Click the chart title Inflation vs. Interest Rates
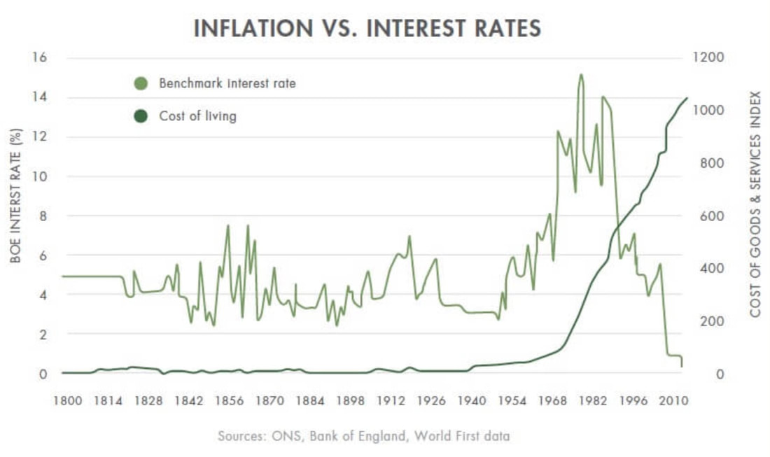pyautogui.click(x=367, y=28)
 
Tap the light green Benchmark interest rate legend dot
pyautogui.click(x=141, y=83)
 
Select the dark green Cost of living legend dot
pyautogui.click(x=141, y=116)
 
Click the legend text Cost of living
pyautogui.click(x=198, y=116)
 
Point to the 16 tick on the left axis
pyautogui.click(x=39, y=57)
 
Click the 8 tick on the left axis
pyautogui.click(x=43, y=216)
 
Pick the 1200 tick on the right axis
pyautogui.click(x=708, y=57)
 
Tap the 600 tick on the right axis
pyautogui.click(x=713, y=216)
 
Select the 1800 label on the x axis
pyautogui.click(x=67, y=401)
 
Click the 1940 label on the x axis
pyautogui.click(x=471, y=401)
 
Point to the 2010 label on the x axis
pyautogui.click(x=673, y=401)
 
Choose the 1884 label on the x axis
pyautogui.click(x=310, y=401)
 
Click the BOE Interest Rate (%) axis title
pyautogui.click(x=15, y=196)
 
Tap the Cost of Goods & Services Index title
pyautogui.click(x=755, y=204)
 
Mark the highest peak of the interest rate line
pyautogui.click(x=581, y=75)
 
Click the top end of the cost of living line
pyautogui.click(x=687, y=98)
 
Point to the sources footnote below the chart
pyautogui.click(x=364, y=436)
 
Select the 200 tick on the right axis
pyautogui.click(x=713, y=321)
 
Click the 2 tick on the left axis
pyautogui.click(x=43, y=335)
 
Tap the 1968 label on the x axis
pyautogui.click(x=552, y=401)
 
